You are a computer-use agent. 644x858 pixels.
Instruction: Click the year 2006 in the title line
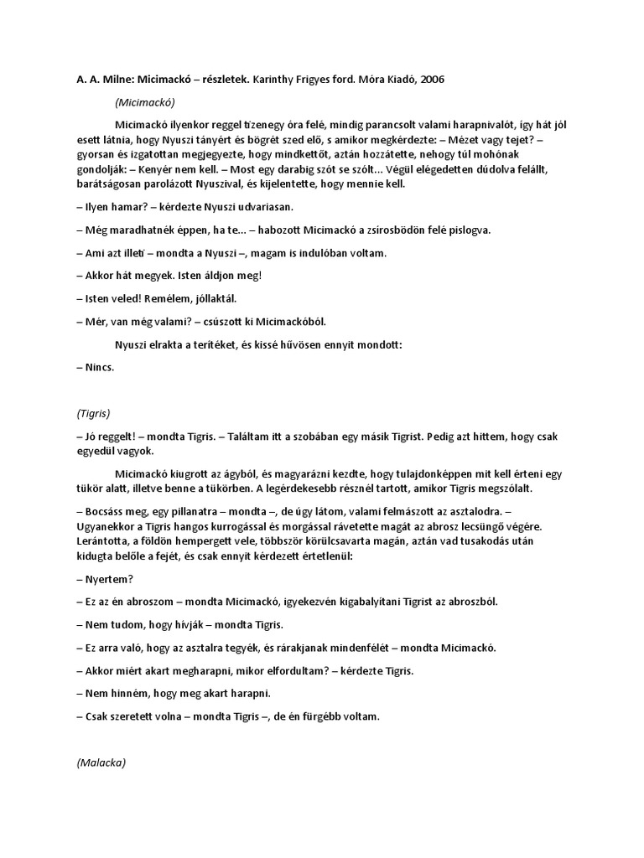coord(432,80)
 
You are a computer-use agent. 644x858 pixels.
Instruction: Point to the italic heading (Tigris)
coord(93,414)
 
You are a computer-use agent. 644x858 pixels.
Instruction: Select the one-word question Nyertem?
coord(110,579)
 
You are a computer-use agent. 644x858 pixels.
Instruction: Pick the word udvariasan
coord(258,207)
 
